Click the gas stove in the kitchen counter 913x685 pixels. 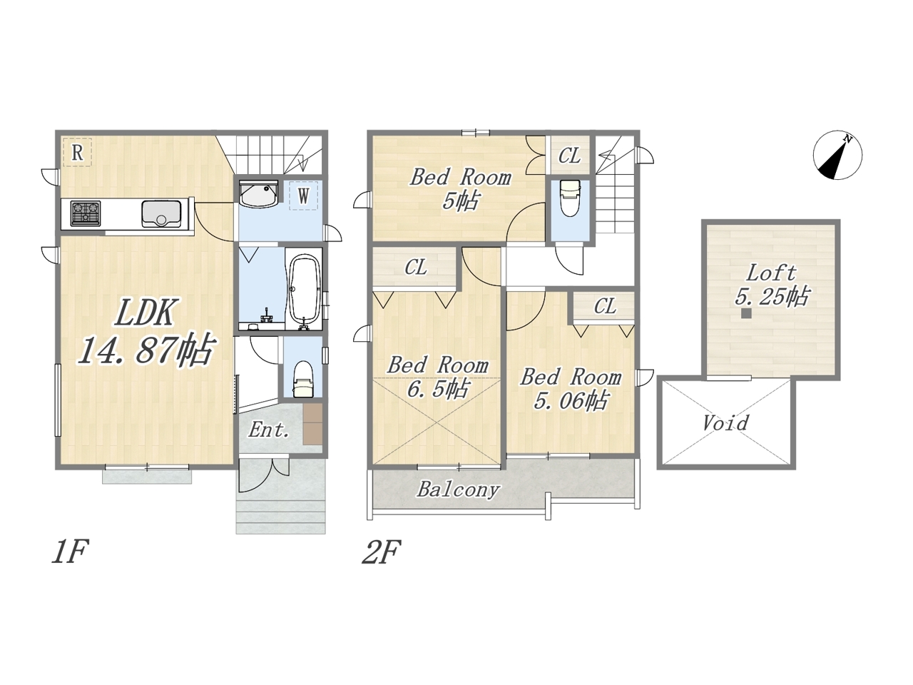86,213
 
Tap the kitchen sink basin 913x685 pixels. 161,214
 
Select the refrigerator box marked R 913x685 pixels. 77,153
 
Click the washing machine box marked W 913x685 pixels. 304,196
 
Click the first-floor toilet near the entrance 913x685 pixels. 302,379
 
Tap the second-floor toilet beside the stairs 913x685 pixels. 570,198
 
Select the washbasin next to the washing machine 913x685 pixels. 259,193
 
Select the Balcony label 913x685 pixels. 458,489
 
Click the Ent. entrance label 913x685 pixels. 269,430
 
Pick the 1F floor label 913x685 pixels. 70,552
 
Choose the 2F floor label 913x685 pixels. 381,552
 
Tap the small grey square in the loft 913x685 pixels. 747,313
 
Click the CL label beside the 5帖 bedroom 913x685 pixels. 569,156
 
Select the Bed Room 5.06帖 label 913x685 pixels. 571,390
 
